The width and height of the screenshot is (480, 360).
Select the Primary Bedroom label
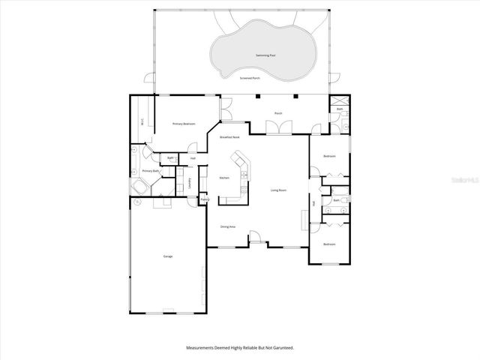(184, 124)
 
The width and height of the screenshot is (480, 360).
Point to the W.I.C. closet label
(142, 122)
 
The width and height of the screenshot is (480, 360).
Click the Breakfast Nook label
(229, 137)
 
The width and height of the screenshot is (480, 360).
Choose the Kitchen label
(223, 178)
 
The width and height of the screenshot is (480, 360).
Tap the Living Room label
(278, 190)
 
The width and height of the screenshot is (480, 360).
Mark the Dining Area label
(228, 226)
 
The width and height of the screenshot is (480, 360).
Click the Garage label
(168, 256)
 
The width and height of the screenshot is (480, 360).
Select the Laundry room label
(190, 181)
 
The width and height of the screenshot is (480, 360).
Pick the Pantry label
(203, 199)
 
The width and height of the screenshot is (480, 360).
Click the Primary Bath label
(151, 171)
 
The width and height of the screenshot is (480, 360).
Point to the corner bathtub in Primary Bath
(139, 186)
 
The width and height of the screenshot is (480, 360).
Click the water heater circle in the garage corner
(138, 202)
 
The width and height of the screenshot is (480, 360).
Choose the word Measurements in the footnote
(202, 348)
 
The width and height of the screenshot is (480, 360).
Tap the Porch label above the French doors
(277, 113)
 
